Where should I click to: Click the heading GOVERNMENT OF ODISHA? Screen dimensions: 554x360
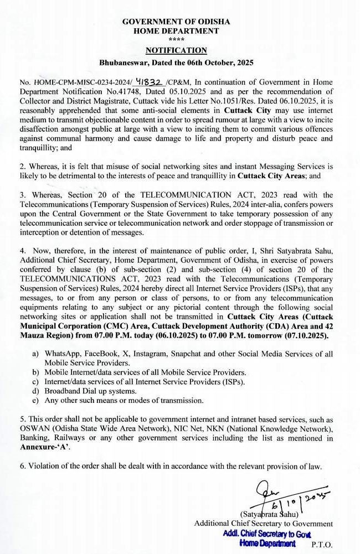pos(176,22)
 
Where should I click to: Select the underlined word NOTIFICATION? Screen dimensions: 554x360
pos(176,51)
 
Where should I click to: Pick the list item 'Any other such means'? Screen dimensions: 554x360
pos(124,400)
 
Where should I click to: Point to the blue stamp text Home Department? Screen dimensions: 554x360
pos(268,543)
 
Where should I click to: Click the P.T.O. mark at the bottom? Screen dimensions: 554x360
pos(322,545)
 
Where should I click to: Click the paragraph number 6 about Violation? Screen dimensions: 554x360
pos(23,467)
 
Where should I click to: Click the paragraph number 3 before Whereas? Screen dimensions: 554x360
pos(23,195)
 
